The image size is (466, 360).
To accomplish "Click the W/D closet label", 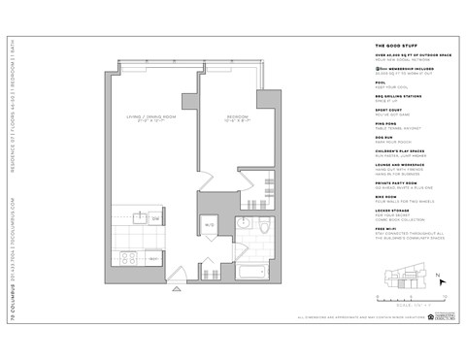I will tap(208, 227).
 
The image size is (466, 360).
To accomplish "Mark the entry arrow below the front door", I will tap(176, 288).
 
